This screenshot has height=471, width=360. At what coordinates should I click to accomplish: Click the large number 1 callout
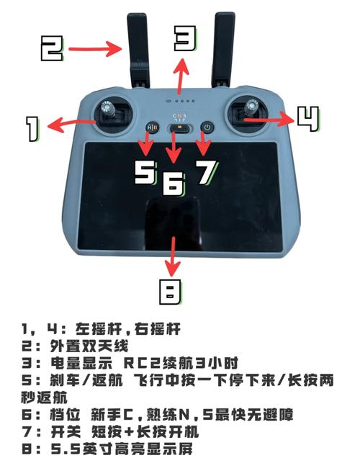pos(32,129)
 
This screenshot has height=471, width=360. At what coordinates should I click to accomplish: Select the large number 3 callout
pos(184,37)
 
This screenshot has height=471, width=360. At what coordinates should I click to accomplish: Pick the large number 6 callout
pos(173,184)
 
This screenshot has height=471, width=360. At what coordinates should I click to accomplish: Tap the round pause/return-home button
pos(152,127)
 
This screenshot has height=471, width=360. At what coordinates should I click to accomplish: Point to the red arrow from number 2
pos(99,49)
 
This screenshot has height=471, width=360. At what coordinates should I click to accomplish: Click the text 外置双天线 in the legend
pos(82,345)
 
